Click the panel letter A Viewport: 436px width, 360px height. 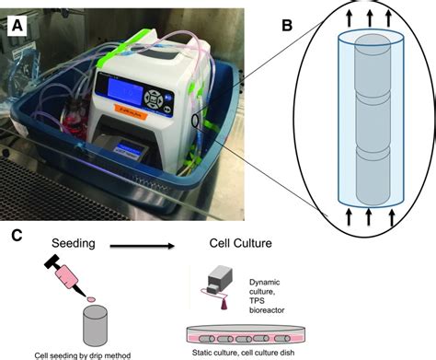[17, 27]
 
